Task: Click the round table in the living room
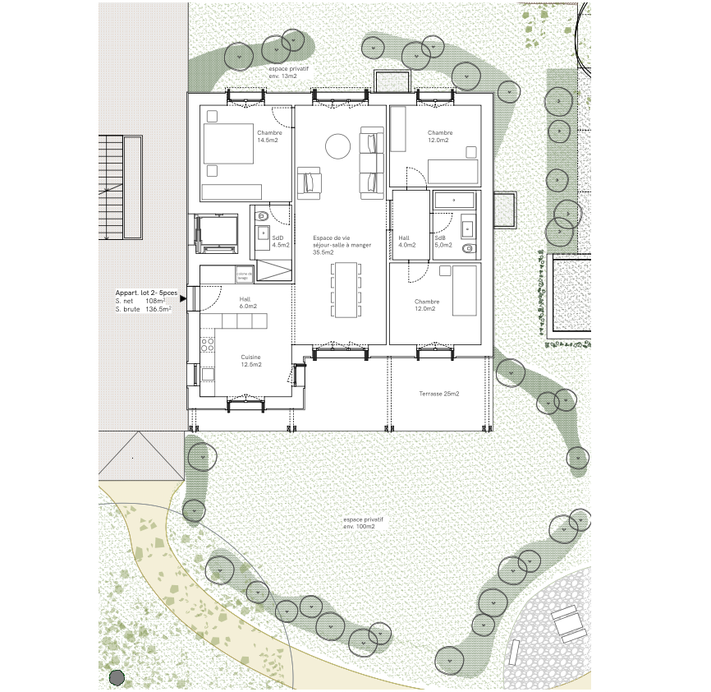337,146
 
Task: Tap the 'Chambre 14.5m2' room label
269,136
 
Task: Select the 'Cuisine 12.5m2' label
251,361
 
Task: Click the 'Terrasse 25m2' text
439,394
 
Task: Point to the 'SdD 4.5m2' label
281,241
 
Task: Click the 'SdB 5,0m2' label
443,241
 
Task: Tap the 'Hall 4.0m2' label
406,241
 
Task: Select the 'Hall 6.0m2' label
247,302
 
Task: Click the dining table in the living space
345,289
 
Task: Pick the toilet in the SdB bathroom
469,248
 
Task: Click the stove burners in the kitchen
207,344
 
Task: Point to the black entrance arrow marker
182,300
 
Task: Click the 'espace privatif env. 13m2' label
282,72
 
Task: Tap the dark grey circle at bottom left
117,678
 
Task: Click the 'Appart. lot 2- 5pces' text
146,293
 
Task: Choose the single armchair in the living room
310,182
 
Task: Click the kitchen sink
208,374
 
